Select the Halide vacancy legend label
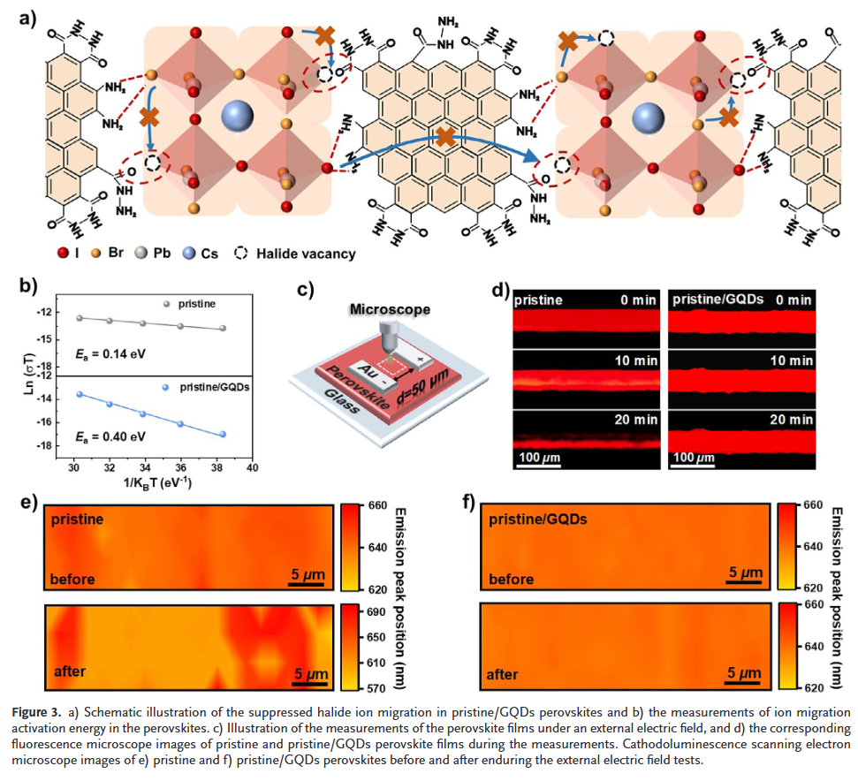[x=306, y=254]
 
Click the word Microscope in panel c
[x=390, y=309]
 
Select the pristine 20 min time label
[x=634, y=420]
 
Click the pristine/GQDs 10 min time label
[x=790, y=360]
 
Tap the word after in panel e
[x=70, y=671]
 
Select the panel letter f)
[x=468, y=504]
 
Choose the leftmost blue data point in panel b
[x=80, y=394]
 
